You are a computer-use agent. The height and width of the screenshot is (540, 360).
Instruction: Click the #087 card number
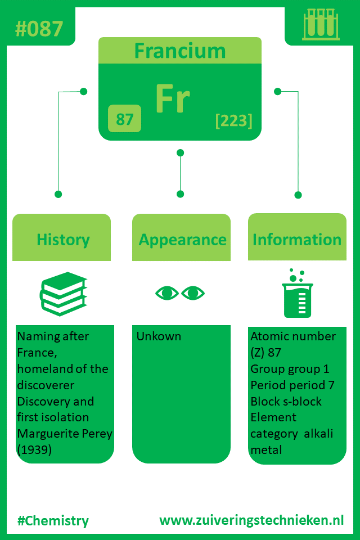coord(39,29)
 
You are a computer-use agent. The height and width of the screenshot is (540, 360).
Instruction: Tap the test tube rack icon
coord(321,24)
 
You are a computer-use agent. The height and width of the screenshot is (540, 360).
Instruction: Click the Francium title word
coord(180,51)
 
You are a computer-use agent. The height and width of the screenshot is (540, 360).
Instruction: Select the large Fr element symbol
coord(173,98)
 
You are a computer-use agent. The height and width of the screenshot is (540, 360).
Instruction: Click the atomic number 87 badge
coord(124,119)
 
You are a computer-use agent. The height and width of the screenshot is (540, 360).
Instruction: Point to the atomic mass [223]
coord(234,120)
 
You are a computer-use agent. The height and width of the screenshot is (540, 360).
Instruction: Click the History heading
coord(63,240)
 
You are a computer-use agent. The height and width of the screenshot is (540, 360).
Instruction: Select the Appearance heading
coord(182,240)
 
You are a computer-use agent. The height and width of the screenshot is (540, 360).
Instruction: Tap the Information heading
coord(297,240)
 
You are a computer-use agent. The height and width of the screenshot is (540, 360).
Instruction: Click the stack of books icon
coord(64,294)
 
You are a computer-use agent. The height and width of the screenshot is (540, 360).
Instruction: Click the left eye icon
coord(167,293)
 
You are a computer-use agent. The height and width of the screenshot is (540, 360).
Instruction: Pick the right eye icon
coord(193,293)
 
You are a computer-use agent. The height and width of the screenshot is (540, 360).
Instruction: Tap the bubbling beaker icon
coord(298,293)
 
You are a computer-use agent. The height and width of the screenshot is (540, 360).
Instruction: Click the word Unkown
coord(159,336)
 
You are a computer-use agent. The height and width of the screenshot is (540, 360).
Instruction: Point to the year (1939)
coord(34,450)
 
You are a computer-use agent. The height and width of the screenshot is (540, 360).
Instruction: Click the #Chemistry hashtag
coord(53,521)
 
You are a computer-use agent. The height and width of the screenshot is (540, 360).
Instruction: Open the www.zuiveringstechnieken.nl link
coord(251,520)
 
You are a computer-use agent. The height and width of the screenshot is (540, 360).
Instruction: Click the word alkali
coord(318,433)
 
